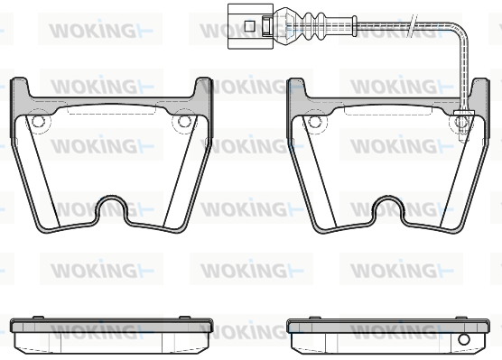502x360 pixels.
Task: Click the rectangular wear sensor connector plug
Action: tap(250, 26)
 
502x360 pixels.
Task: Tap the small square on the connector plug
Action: tap(249, 26)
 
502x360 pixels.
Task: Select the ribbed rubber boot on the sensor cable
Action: tap(312, 23)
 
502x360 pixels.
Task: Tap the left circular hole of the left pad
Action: tap(38, 121)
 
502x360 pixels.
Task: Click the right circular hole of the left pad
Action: tap(184, 121)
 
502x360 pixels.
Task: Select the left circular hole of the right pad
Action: tap(315, 121)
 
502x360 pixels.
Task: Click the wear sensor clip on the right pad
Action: tap(463, 124)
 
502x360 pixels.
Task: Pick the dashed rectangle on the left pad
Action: tap(111, 108)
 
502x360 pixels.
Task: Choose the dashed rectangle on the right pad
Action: tap(388, 108)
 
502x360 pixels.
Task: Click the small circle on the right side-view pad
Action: tap(463, 339)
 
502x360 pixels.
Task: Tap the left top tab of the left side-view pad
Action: tap(39, 317)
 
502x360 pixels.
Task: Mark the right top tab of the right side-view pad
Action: tap(460, 318)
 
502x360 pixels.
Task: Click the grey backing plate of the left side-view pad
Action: tap(111, 326)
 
